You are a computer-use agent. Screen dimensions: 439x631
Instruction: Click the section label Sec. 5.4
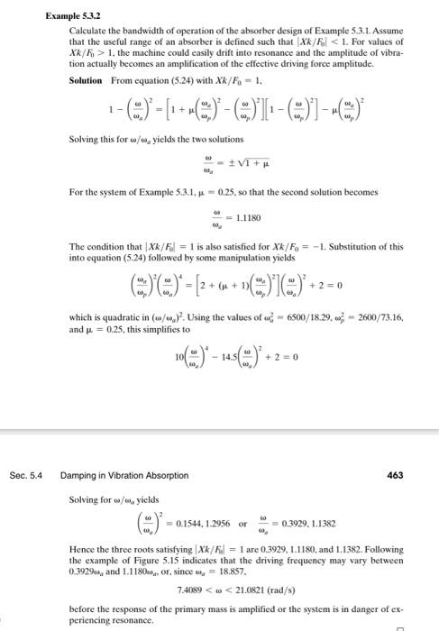click(x=28, y=475)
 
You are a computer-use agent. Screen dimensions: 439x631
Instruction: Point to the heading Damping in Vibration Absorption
click(x=124, y=475)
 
